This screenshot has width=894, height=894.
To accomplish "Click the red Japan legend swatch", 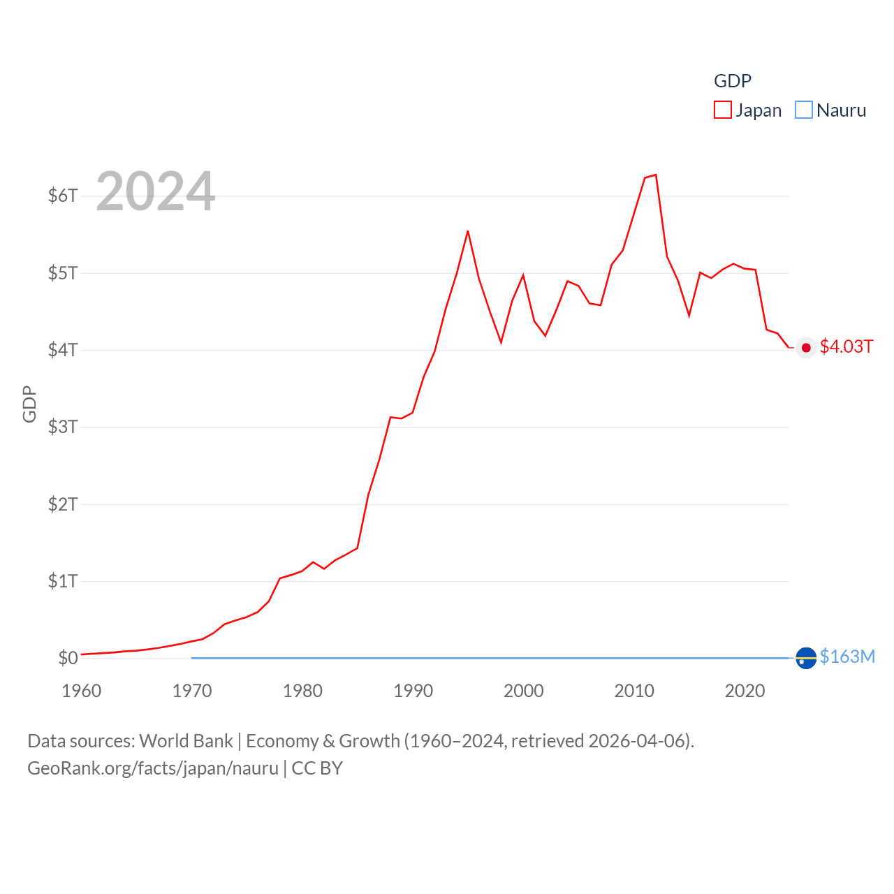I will click(x=722, y=110).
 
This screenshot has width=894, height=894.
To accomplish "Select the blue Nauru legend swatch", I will click(x=804, y=110).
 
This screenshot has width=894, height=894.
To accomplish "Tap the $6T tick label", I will click(x=63, y=196).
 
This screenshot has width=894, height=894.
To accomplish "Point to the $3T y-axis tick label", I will click(x=63, y=427).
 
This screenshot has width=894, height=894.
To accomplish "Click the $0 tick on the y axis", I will click(x=68, y=658).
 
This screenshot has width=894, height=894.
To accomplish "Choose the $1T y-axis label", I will click(x=63, y=581).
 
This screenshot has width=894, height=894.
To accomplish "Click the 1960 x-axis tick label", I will click(x=82, y=691).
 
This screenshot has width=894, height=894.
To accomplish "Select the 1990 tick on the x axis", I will click(x=413, y=691).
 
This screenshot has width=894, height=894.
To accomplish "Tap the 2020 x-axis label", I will click(x=745, y=691).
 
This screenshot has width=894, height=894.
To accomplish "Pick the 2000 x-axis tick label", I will click(x=524, y=691).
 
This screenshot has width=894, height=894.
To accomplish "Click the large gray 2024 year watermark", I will click(x=155, y=191).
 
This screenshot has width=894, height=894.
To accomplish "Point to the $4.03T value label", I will click(x=847, y=347).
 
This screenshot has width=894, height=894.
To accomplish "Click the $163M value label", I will click(x=847, y=657).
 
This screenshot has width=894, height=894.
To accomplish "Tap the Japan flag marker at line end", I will click(x=806, y=348).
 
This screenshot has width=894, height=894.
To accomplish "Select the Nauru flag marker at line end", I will click(x=806, y=658).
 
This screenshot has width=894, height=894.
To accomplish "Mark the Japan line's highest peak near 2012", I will click(x=656, y=175).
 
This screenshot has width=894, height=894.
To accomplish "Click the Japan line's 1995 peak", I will click(x=468, y=231).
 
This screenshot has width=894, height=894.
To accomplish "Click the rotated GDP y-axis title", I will click(x=29, y=404).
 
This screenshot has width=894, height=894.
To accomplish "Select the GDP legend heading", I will click(x=732, y=81).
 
